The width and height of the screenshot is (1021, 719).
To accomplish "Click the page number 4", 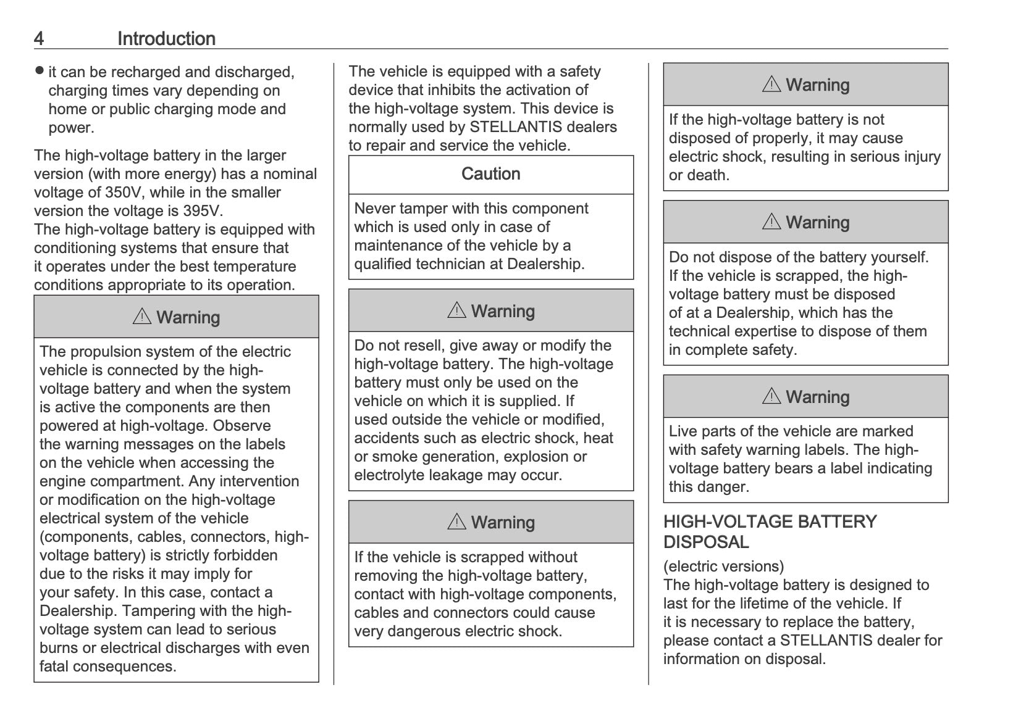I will tap(39, 39).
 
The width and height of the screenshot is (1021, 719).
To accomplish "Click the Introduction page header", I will tap(166, 39).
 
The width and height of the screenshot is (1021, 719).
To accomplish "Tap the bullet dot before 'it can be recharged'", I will tap(40, 70).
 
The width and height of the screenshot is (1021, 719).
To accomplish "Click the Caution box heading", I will tap(490, 174).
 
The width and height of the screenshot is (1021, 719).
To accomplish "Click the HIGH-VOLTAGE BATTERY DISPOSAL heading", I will tap(770, 531).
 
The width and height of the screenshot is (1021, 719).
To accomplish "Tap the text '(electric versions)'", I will tap(723, 566).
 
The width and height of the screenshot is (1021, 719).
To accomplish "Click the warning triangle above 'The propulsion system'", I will tap(142, 317).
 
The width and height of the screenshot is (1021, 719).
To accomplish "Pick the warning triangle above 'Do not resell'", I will tap(456, 310).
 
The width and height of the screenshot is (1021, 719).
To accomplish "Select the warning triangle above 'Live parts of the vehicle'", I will tap(771, 396).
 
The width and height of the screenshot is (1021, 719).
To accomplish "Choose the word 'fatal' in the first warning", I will tap(54, 667).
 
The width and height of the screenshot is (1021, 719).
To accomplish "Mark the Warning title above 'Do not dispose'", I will tap(817, 222).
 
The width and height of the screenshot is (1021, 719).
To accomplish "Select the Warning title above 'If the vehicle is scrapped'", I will tap(503, 522).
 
